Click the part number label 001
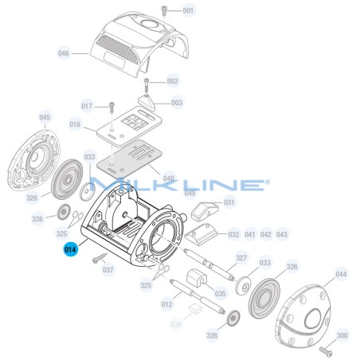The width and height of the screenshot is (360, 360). coord(188,11)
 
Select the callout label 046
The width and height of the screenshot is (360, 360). coord(64,54)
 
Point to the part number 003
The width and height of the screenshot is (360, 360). coord(177,103)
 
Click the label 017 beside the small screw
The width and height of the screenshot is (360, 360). coord(87,106)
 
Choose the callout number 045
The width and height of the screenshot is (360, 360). coord(45,118)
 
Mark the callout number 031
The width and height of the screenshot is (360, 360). coord(229,202)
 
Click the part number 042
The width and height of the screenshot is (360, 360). coord(266,235)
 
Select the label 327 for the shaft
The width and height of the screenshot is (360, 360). coord(241,258)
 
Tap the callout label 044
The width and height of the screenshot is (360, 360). coord(341,274)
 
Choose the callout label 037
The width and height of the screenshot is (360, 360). coord(108,269)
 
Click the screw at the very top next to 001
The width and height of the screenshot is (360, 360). coord(163,10)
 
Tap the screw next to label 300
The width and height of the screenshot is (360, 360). coord(324,350)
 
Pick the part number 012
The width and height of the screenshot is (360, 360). coord(166,303)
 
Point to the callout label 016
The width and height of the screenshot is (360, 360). coord(75,124)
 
